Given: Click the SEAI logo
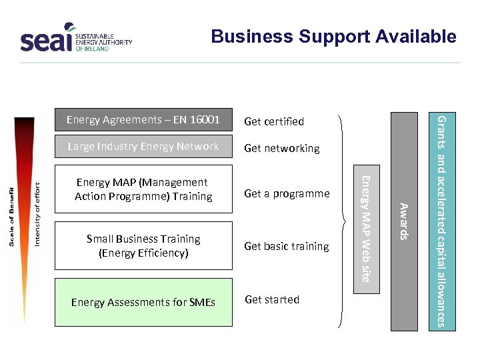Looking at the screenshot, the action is point(75,40).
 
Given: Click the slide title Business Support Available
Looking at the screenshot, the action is point(333,37).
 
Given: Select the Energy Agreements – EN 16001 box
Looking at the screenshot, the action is point(143,120).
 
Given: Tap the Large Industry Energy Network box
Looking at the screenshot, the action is point(143,147).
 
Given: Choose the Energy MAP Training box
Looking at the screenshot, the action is point(143,189).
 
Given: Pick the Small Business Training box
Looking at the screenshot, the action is point(143,246).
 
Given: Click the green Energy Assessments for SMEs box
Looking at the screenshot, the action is point(143,302).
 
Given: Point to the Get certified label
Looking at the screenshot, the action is point(274,121).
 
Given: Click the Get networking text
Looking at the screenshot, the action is point(282,148).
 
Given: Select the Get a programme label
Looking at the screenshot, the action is point(287,193).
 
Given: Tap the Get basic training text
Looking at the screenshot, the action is point(287,246).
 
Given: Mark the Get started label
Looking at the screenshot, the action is point(272,299).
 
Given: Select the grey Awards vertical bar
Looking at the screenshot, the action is point(404,221).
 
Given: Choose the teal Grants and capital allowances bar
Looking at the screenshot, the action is point(441,221).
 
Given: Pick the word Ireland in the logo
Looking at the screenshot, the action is point(96,49).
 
